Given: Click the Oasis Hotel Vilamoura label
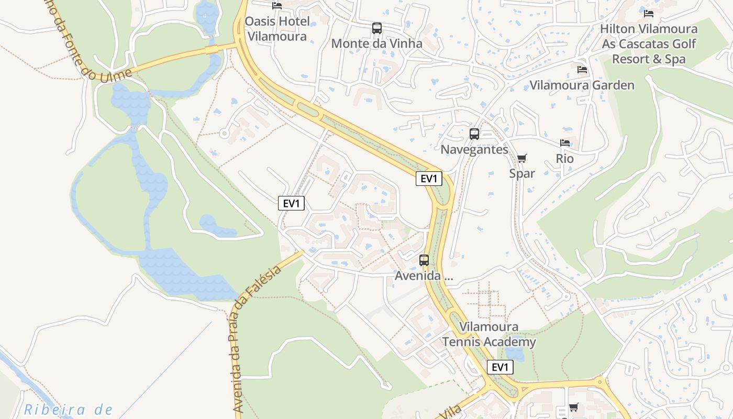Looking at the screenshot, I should pyautogui.click(x=276, y=29).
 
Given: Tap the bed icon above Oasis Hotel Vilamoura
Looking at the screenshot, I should pyautogui.click(x=277, y=6).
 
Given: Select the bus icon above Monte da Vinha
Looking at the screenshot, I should pyautogui.click(x=377, y=28).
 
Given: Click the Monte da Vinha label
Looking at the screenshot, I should pyautogui.click(x=376, y=43).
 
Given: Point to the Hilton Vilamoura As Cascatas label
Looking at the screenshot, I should pyautogui.click(x=649, y=44).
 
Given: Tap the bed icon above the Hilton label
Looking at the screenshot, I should pyautogui.click(x=649, y=14).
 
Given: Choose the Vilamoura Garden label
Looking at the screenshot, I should pyautogui.click(x=582, y=85).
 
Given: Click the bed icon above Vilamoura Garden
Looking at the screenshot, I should pyautogui.click(x=582, y=70).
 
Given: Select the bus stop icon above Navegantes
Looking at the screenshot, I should pyautogui.click(x=474, y=134).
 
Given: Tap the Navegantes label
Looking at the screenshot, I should pyautogui.click(x=474, y=149).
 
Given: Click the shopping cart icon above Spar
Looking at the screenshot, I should pyautogui.click(x=521, y=158).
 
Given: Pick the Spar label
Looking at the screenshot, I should pyautogui.click(x=522, y=173).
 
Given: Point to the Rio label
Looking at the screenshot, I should pyautogui.click(x=565, y=159).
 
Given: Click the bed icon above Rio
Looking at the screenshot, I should pyautogui.click(x=565, y=143).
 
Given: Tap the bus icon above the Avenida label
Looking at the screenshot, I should pyautogui.click(x=424, y=260).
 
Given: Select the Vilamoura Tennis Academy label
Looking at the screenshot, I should pyautogui.click(x=489, y=334).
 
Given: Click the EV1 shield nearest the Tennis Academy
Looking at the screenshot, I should pyautogui.click(x=500, y=367).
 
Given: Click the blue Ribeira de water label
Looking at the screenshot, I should pyautogui.click(x=68, y=409).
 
